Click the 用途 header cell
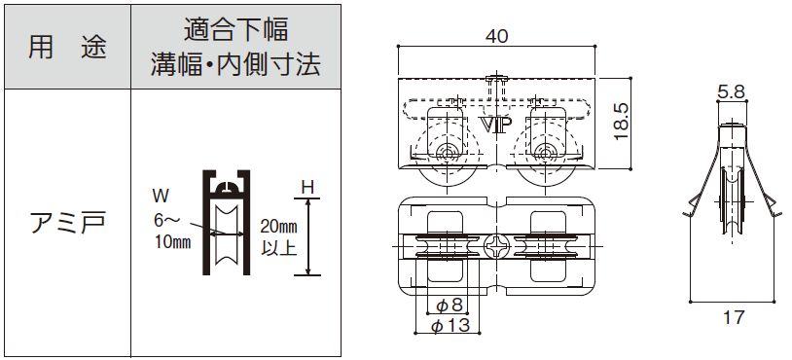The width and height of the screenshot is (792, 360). (x=65, y=47)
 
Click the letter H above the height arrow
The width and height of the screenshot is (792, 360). (x=307, y=184)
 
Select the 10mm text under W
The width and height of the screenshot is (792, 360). (x=171, y=242)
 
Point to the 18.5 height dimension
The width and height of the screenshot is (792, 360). (x=624, y=122)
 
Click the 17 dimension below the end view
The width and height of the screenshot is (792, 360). (x=734, y=315)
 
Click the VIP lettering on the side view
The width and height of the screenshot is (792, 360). (x=497, y=125)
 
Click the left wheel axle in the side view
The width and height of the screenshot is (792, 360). (x=447, y=152)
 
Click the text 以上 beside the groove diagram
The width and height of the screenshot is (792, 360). (x=279, y=248)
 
